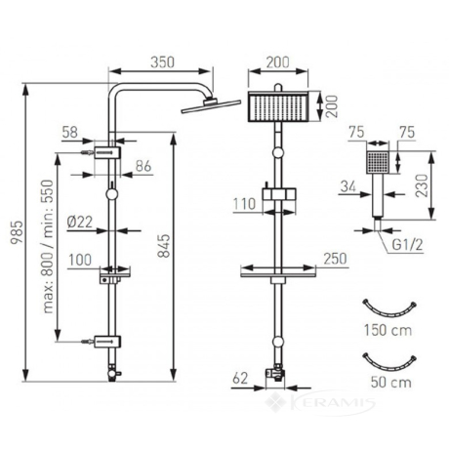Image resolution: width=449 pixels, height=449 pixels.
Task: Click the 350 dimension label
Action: point(162,62)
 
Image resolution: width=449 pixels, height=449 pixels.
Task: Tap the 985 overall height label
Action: point(17,232)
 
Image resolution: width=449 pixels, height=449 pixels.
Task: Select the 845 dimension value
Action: point(164,246)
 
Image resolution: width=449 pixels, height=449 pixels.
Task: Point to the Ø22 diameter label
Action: point(80,222)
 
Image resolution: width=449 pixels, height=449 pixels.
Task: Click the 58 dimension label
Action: point(70,132)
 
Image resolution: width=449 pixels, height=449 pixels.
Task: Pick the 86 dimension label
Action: point(143,166)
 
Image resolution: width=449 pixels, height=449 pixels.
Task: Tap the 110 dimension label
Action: point(244,204)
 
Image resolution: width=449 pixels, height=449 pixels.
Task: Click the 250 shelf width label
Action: point(335,259)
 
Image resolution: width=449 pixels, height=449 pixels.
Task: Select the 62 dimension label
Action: point(240,378)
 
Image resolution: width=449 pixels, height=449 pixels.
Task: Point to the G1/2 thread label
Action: point(407,244)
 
